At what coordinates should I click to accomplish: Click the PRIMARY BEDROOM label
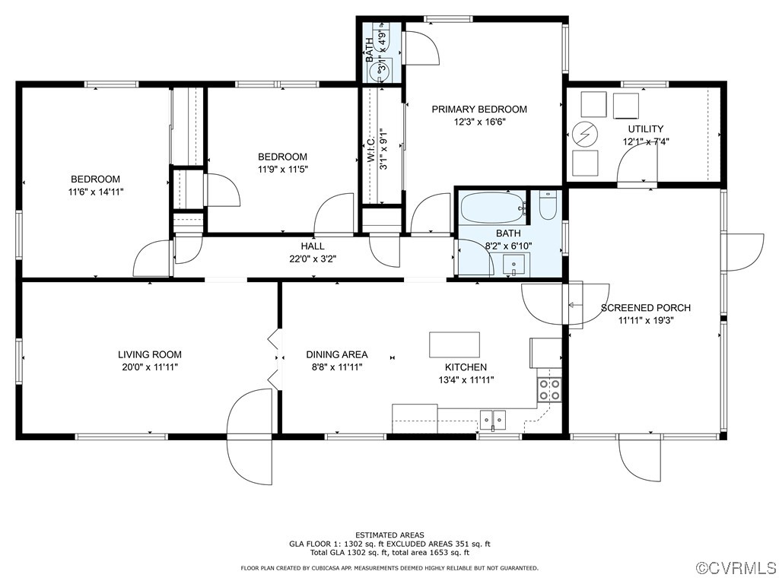(479, 109)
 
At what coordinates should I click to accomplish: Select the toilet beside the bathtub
(548, 205)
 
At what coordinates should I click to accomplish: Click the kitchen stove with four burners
(549, 389)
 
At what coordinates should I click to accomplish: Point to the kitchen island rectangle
(454, 344)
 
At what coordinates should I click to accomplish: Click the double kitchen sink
(493, 418)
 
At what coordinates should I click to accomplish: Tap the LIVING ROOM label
(150, 354)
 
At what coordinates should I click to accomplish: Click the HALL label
(312, 246)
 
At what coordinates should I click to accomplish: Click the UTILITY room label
(645, 129)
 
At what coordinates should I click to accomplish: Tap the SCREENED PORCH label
(646, 308)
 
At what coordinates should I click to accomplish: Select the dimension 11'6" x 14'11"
(96, 192)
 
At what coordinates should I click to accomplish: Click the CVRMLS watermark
(736, 568)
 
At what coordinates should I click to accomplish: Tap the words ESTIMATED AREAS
(389, 535)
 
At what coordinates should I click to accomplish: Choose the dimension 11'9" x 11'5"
(281, 169)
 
